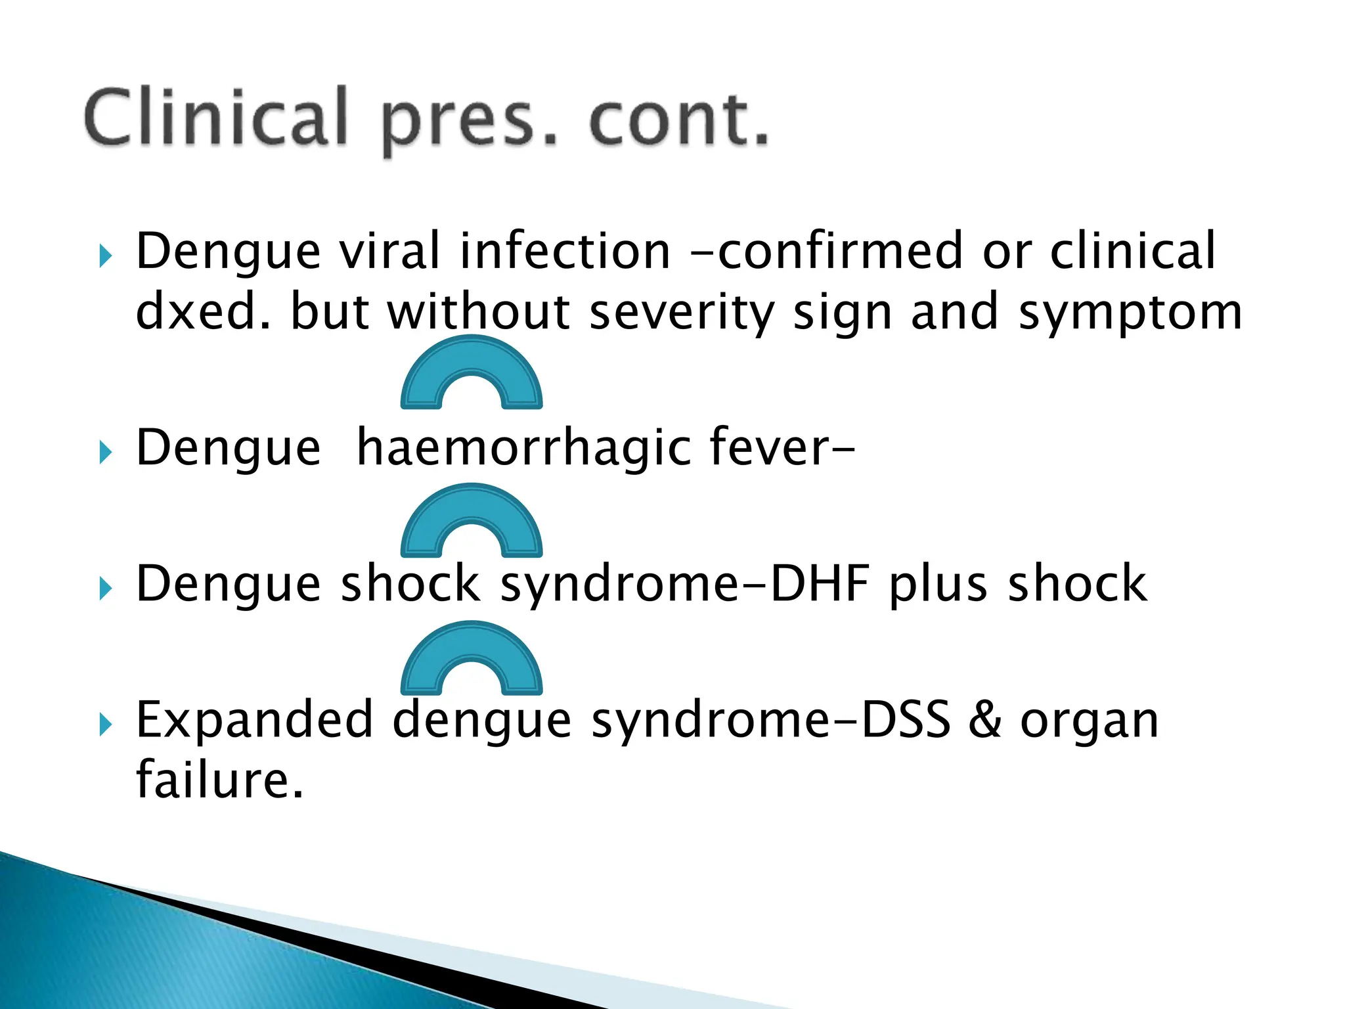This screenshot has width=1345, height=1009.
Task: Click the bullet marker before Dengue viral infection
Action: [x=106, y=256]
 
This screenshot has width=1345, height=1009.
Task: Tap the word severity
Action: [x=683, y=313]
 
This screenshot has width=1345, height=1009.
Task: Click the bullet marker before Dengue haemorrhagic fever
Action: [x=106, y=453]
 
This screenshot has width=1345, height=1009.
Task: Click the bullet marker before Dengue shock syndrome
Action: [x=106, y=589]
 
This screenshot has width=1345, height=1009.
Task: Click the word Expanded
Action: [x=255, y=720]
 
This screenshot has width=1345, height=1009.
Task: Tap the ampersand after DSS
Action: [x=985, y=720]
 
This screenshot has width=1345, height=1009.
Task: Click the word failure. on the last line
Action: [x=220, y=779]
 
